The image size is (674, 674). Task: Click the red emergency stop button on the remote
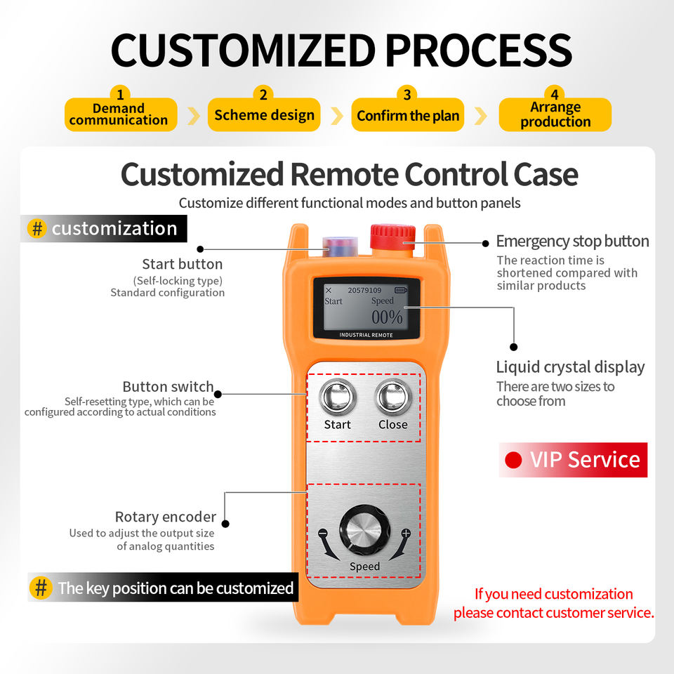coord(393,236)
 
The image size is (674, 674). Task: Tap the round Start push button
coord(337,398)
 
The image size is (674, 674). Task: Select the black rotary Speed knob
coord(364,533)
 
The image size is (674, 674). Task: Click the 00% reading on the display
coord(387,317)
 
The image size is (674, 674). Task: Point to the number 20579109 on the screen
coord(364,290)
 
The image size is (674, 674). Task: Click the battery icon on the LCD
coord(400,290)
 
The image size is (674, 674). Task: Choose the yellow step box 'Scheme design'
coord(264,114)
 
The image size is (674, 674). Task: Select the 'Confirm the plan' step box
coord(408,115)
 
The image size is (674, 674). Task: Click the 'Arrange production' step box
coord(555,114)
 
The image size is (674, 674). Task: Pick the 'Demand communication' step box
coord(119,114)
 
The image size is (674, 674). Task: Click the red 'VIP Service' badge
coord(573,460)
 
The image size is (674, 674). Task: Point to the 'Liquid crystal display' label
coord(570,367)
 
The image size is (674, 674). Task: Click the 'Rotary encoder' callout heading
coord(165,517)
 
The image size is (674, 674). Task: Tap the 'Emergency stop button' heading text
coord(572,242)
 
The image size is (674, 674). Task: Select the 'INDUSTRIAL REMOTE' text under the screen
coord(366,335)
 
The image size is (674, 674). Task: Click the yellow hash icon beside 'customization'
coord(37,228)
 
